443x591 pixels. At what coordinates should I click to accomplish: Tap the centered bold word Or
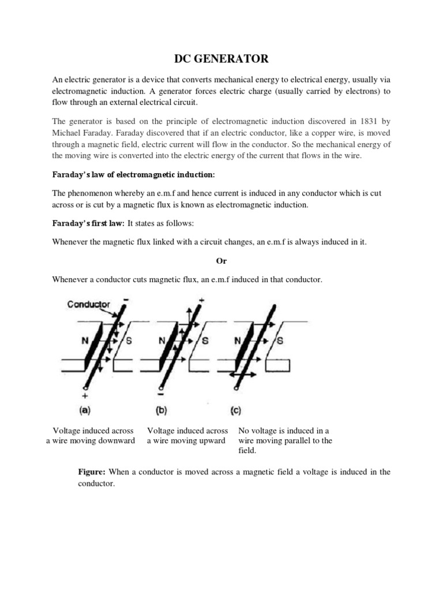[x=221, y=261]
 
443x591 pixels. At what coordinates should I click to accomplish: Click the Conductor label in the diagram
[x=89, y=304]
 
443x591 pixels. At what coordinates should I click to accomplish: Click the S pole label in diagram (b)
[x=204, y=341]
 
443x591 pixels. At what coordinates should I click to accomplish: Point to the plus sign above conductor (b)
[x=202, y=301]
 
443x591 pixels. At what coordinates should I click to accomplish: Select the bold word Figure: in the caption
[x=92, y=472]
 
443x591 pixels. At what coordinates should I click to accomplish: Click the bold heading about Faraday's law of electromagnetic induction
[x=133, y=174]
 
